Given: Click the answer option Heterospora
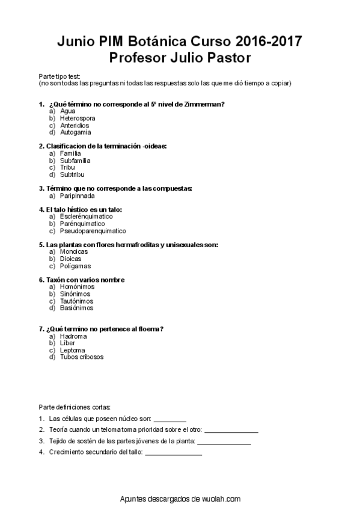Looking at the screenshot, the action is [x=78, y=118].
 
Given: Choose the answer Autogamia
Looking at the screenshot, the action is [x=76, y=132].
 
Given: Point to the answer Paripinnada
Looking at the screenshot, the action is [x=78, y=195].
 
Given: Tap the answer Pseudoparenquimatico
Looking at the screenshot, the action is [x=93, y=231].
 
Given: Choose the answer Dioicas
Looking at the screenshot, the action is [x=70, y=259].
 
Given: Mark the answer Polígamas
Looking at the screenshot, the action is [x=75, y=266].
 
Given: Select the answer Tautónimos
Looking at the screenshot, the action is [x=77, y=301].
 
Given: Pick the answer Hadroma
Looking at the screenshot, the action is [x=73, y=336].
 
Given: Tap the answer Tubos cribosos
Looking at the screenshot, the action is [x=82, y=357].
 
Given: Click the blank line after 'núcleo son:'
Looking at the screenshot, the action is [x=170, y=419].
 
